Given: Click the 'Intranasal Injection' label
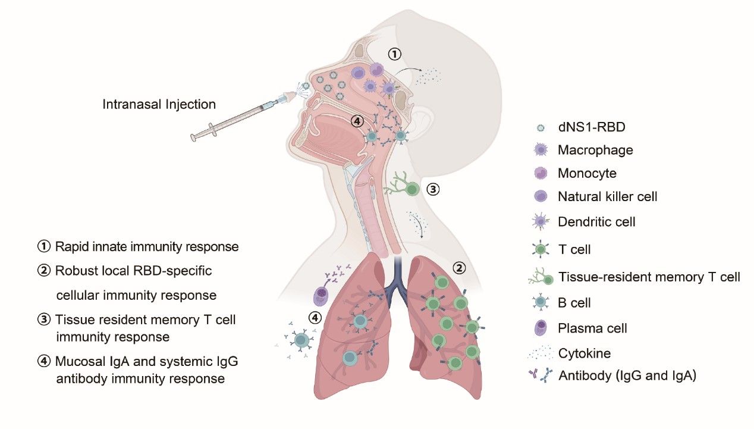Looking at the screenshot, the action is pyautogui.click(x=159, y=104).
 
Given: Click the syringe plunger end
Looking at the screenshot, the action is pyautogui.click(x=193, y=137).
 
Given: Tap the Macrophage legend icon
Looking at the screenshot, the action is pyautogui.click(x=541, y=149).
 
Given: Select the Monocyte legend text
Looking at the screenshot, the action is pyautogui.click(x=587, y=173).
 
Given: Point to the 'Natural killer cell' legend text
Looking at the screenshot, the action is pyautogui.click(x=608, y=196).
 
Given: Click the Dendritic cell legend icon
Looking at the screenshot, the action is pyautogui.click(x=541, y=221).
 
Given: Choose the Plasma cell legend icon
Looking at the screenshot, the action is pyautogui.click(x=541, y=328).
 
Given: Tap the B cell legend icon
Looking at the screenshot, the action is pyautogui.click(x=541, y=302).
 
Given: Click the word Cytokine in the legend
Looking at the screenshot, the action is pyautogui.click(x=585, y=353).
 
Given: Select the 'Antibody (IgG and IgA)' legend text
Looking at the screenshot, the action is pyautogui.click(x=627, y=375).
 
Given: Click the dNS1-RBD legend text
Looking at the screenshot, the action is pyautogui.click(x=592, y=127).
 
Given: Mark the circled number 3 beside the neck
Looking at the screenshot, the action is pyautogui.click(x=433, y=189).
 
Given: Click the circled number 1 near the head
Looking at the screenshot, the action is pyautogui.click(x=395, y=54).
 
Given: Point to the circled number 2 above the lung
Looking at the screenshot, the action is pyautogui.click(x=459, y=268).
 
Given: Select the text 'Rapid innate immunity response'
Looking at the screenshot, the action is pyautogui.click(x=147, y=246).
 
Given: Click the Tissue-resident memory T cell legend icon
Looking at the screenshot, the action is pyautogui.click(x=541, y=277).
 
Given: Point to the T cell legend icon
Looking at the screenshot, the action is pyautogui.click(x=541, y=249).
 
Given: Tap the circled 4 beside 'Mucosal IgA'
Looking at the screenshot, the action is pyautogui.click(x=44, y=361).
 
